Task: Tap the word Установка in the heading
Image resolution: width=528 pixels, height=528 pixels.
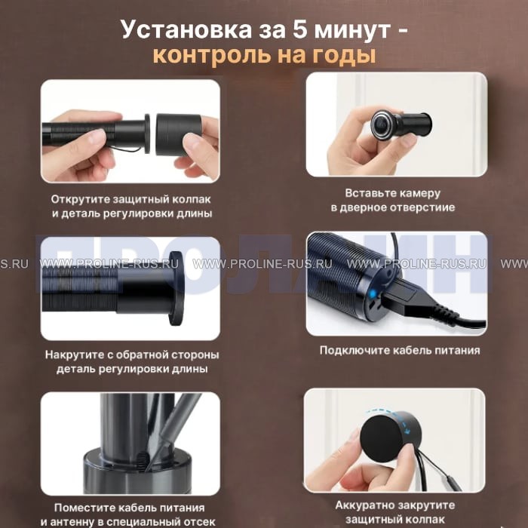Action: click(186, 30)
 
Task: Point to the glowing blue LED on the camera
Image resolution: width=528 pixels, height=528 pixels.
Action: click(372, 294)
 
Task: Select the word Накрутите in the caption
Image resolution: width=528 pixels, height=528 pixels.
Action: click(75, 355)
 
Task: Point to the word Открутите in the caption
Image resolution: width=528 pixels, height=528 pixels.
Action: click(80, 199)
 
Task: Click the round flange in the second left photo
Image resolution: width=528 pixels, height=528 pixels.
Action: click(176, 288)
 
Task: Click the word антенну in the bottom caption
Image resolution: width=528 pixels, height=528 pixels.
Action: click(72, 522)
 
